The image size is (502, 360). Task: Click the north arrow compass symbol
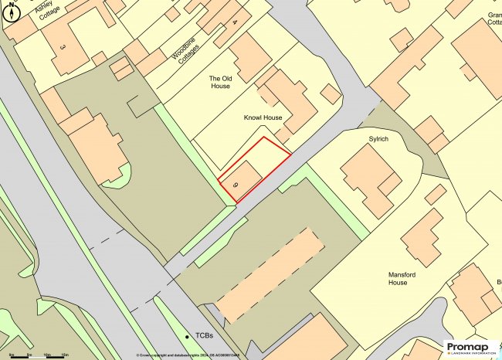12,12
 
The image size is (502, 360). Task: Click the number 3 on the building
62,48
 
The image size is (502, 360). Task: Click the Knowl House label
263,118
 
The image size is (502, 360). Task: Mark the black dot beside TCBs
188,337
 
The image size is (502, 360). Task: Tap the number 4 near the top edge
235,22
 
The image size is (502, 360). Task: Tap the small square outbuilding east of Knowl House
330,93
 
